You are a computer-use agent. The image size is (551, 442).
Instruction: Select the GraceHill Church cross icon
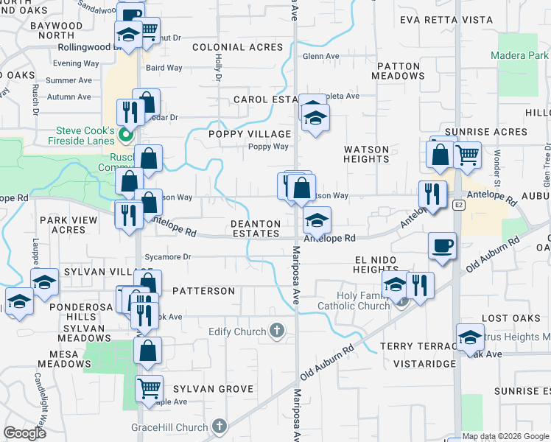point(220,425)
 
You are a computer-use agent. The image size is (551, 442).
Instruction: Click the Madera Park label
point(520,55)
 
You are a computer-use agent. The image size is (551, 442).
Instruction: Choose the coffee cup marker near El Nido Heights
point(442,245)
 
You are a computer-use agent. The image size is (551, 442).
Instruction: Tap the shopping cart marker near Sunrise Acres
point(467,155)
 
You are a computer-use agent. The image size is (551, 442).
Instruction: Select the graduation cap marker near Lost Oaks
point(470,337)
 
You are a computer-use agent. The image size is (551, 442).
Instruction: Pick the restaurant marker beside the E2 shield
point(432,194)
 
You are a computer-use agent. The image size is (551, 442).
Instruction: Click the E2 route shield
point(459,204)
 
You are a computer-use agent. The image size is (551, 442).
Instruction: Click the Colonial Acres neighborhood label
point(237,47)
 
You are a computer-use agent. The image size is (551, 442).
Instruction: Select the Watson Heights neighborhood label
point(366,154)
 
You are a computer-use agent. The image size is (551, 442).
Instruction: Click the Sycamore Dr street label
point(166,257)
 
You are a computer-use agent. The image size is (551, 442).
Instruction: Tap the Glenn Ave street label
point(321,56)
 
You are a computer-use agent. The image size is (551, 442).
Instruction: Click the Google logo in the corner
point(25,433)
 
